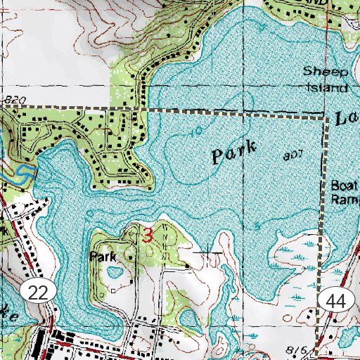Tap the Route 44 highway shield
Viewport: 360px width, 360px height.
(x=336, y=301)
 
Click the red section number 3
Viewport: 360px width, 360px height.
(x=146, y=236)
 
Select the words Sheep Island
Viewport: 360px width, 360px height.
(x=326, y=79)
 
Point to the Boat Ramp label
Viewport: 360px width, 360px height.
(x=345, y=192)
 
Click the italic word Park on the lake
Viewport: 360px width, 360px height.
(x=234, y=153)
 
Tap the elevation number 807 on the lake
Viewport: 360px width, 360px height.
(x=296, y=154)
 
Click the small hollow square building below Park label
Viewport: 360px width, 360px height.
(x=113, y=288)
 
